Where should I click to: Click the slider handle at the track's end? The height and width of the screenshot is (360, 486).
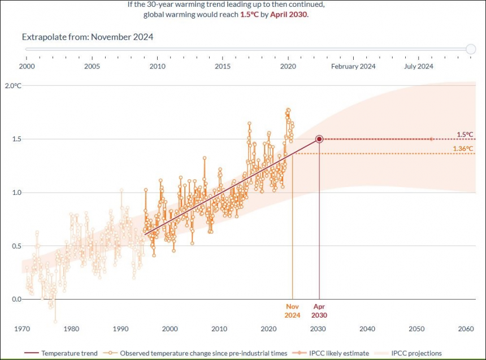[471, 49]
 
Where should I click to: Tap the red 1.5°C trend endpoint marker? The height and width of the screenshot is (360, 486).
[319, 139]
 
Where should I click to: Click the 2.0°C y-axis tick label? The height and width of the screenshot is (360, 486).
[13, 86]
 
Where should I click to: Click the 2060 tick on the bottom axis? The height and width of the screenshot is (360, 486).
[466, 329]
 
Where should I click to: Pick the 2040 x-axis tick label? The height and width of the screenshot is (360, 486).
[367, 329]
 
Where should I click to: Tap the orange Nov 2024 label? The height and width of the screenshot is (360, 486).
[292, 311]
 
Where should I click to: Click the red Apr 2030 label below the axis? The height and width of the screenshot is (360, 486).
[319, 311]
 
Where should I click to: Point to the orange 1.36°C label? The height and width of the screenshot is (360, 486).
[462, 149]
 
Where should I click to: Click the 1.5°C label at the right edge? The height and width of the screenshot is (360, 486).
[465, 135]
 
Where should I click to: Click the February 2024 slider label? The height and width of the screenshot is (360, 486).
[353, 66]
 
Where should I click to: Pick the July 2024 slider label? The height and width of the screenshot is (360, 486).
[419, 66]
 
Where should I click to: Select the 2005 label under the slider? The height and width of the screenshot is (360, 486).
[92, 66]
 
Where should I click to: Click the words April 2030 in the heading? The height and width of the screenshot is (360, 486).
[290, 15]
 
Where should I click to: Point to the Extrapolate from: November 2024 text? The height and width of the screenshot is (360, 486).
[88, 37]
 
